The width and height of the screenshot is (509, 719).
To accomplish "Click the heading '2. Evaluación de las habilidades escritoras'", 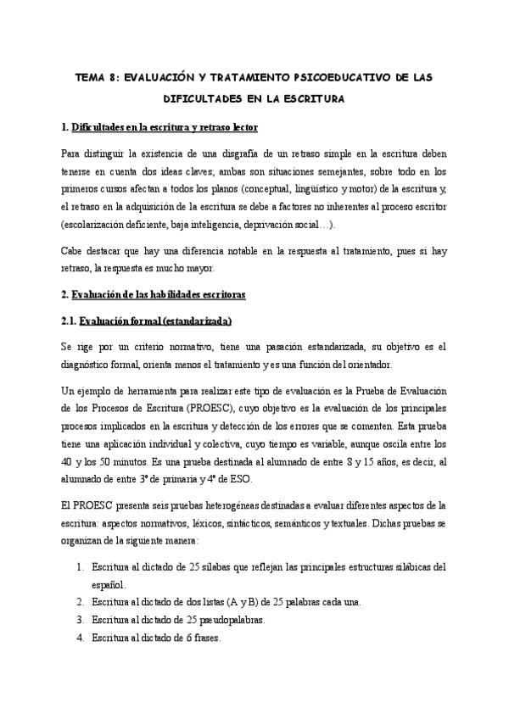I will click(x=154, y=295).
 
